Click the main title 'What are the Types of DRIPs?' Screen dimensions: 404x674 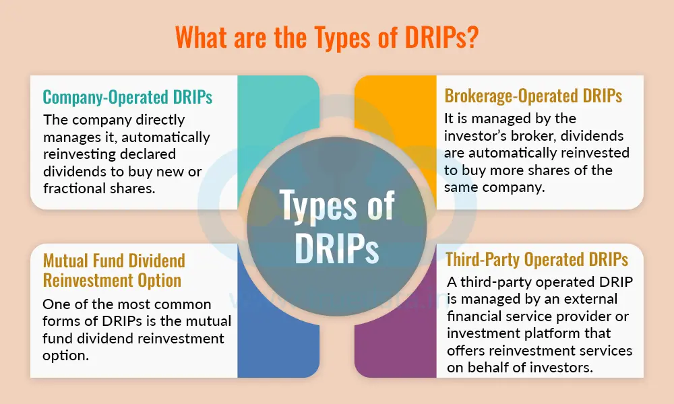337,38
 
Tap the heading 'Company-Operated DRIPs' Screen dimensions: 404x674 127,97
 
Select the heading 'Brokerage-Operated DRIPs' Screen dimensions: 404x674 533,96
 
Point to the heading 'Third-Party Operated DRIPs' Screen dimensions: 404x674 537,259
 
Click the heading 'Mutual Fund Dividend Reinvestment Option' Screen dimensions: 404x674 113,269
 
